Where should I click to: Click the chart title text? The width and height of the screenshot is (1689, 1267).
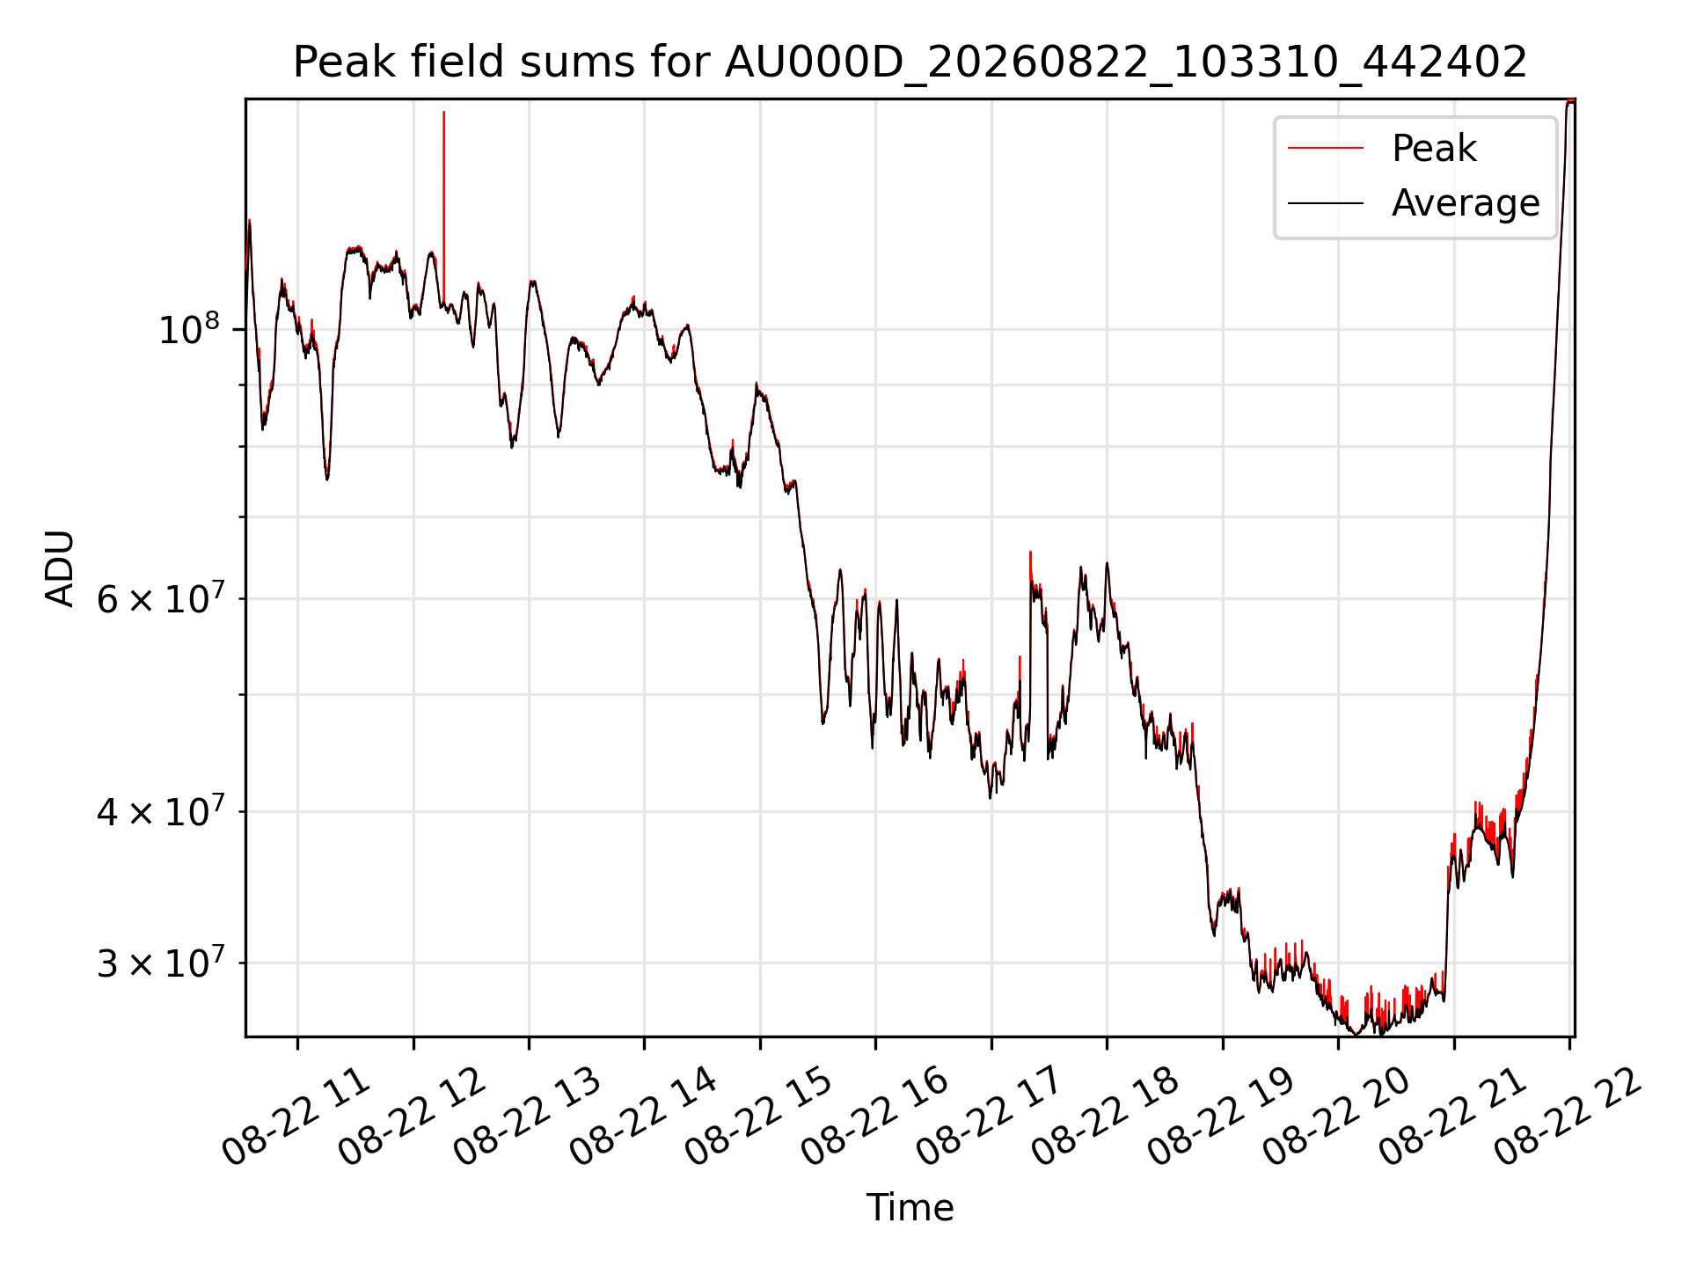click(x=910, y=62)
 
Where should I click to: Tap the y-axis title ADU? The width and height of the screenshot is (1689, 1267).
click(x=60, y=568)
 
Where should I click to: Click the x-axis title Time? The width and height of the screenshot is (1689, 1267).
click(x=910, y=1207)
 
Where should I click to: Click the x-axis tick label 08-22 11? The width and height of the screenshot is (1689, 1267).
click(x=296, y=1116)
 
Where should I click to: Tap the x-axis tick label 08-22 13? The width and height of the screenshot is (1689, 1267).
click(x=527, y=1116)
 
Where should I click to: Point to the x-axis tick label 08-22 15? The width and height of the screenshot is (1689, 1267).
click(x=758, y=1116)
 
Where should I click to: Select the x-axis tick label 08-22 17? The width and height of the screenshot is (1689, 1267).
click(x=990, y=1116)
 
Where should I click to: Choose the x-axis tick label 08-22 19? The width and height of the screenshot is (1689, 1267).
click(x=1221, y=1116)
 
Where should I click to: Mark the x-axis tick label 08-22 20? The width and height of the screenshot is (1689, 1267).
click(x=1336, y=1116)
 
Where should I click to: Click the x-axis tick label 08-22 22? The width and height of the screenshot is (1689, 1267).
click(x=1568, y=1116)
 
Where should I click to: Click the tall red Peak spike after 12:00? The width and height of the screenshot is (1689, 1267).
click(x=443, y=208)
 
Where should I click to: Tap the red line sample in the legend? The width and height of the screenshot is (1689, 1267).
click(x=1326, y=149)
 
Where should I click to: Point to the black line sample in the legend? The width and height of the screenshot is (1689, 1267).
click(x=1326, y=204)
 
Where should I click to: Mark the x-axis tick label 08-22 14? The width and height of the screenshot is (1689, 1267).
click(x=642, y=1116)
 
